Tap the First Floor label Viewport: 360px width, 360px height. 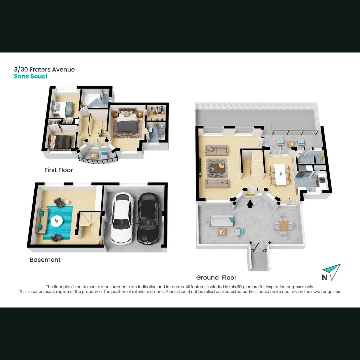(x=59, y=170)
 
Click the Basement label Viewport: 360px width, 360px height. (x=45, y=260)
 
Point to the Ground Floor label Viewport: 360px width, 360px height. (x=216, y=277)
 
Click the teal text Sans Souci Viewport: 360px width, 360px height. (x=31, y=76)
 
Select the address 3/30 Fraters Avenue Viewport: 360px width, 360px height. (x=44, y=69)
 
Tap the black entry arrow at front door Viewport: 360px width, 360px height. (x=250, y=203)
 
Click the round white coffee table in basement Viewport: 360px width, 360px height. (x=57, y=220)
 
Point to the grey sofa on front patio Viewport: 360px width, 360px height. (x=222, y=220)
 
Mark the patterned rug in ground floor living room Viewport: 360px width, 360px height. (x=217, y=167)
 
